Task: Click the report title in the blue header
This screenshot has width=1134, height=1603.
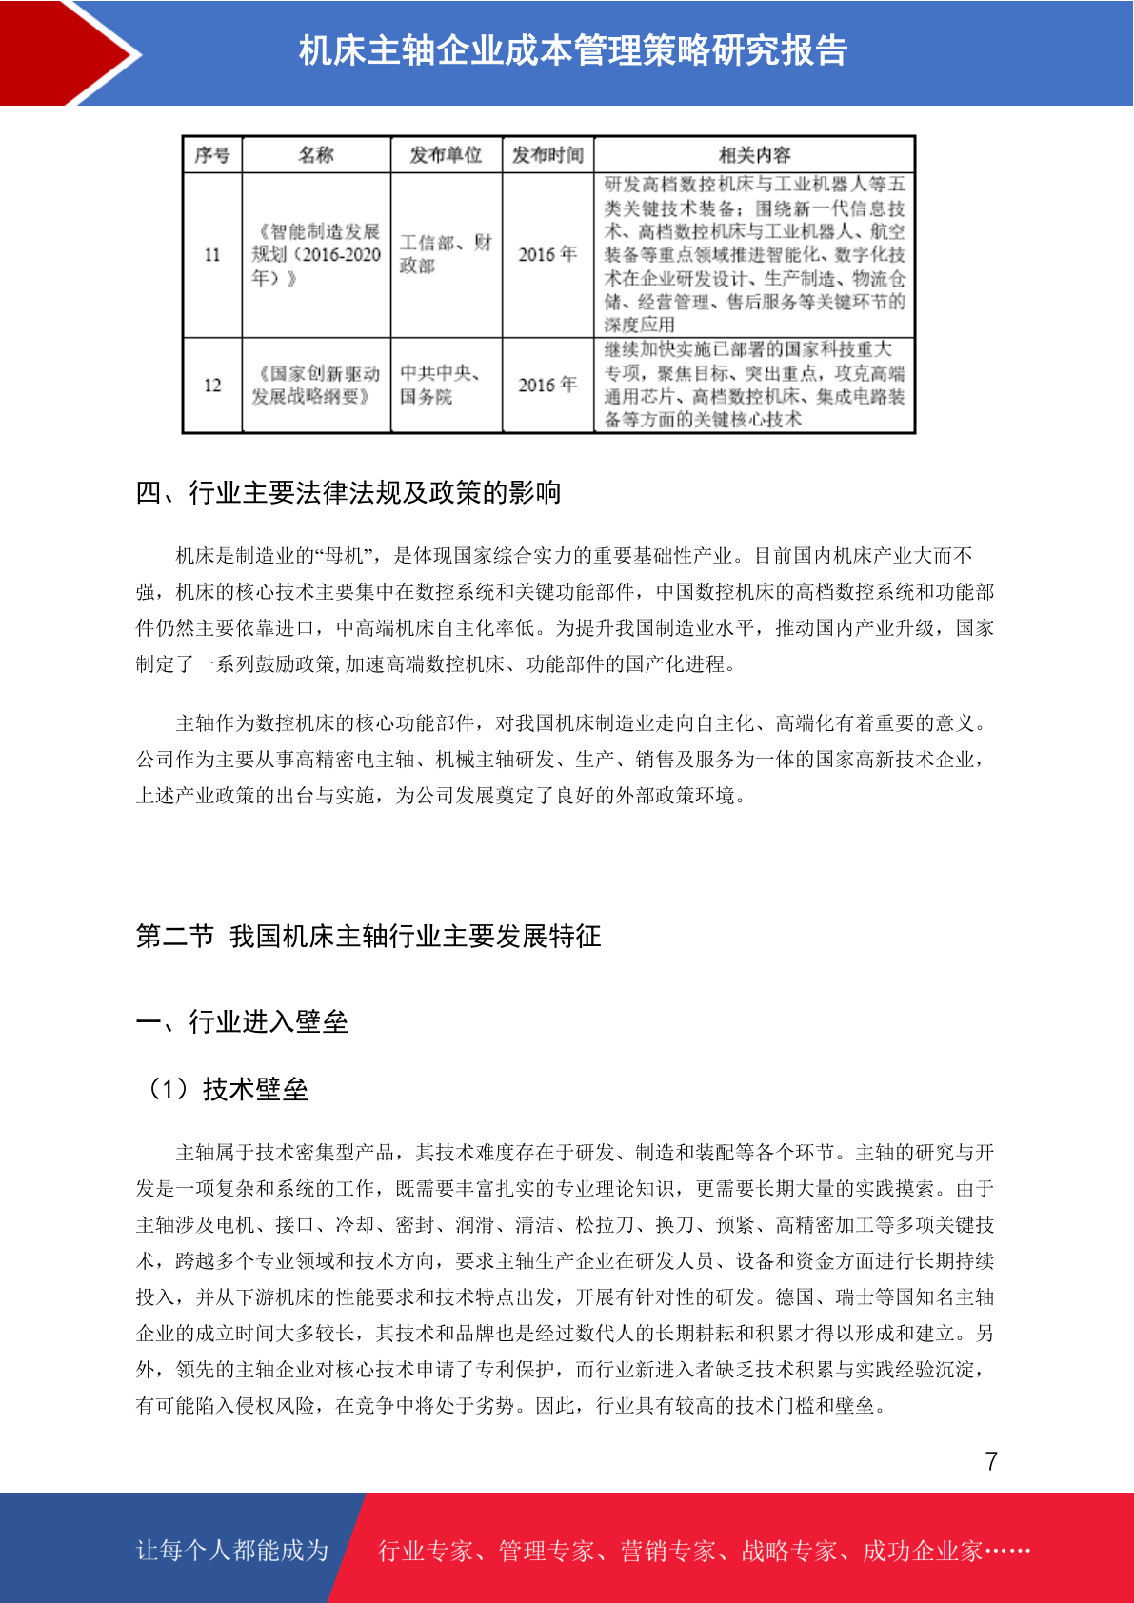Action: click(573, 51)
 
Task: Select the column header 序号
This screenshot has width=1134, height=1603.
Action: click(212, 155)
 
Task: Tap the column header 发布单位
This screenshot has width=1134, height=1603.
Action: click(446, 155)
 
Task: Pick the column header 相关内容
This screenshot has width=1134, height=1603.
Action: click(754, 155)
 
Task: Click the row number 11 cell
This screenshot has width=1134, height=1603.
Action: click(212, 255)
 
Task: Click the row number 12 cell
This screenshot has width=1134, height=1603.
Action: click(212, 386)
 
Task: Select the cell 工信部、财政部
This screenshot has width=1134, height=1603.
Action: click(446, 254)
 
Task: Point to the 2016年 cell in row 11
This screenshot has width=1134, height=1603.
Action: click(547, 254)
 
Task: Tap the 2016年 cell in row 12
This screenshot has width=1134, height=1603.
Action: click(547, 385)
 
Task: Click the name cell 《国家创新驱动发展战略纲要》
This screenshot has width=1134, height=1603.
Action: click(316, 385)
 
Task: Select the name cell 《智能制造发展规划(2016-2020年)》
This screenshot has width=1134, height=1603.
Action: click(316, 254)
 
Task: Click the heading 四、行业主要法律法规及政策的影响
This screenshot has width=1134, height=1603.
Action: click(348, 492)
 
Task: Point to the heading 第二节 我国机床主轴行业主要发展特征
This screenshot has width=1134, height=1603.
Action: click(368, 936)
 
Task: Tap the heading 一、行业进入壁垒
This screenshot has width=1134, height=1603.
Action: click(242, 1021)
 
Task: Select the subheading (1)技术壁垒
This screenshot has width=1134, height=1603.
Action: click(226, 1088)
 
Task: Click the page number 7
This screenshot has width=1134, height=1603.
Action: click(991, 1461)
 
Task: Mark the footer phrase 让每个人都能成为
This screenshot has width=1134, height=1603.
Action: click(232, 1551)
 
